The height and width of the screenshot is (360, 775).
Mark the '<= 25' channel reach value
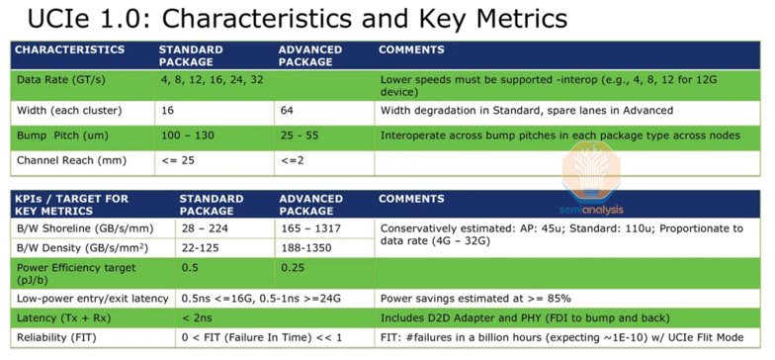coord(177,160)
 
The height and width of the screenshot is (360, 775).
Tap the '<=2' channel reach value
coord(292,160)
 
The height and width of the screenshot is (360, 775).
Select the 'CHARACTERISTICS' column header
coord(69,49)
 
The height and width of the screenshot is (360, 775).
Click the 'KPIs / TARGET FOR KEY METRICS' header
coord(72,205)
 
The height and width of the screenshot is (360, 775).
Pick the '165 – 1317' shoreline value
coord(312,228)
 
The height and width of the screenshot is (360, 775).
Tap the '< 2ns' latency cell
coord(197,317)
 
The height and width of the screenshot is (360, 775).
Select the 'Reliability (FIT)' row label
coord(57,338)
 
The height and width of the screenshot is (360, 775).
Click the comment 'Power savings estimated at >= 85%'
coord(475,298)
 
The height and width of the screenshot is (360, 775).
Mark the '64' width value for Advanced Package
coord(287,110)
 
